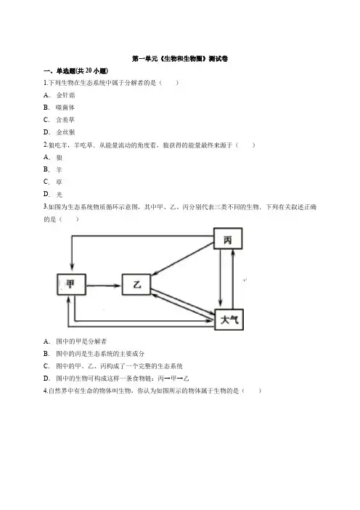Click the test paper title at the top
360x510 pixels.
180,59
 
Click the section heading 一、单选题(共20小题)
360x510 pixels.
75,71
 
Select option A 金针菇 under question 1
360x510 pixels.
60,95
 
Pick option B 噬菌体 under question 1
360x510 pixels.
60,108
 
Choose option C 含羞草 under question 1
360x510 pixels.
60,120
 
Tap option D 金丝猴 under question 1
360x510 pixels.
60,132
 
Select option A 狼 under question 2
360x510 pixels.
53,158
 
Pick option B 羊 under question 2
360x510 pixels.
53,169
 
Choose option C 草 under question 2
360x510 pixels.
53,182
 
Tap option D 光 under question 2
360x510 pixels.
53,194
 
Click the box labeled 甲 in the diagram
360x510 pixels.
71,285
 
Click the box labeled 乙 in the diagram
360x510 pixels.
136,285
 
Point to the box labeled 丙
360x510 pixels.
228,239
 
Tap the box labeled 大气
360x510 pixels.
229,320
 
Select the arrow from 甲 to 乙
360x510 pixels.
104,286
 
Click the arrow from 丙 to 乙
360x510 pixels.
183,259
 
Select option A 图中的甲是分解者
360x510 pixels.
75,341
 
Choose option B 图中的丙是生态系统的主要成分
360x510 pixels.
94,354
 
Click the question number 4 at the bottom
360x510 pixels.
46,391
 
